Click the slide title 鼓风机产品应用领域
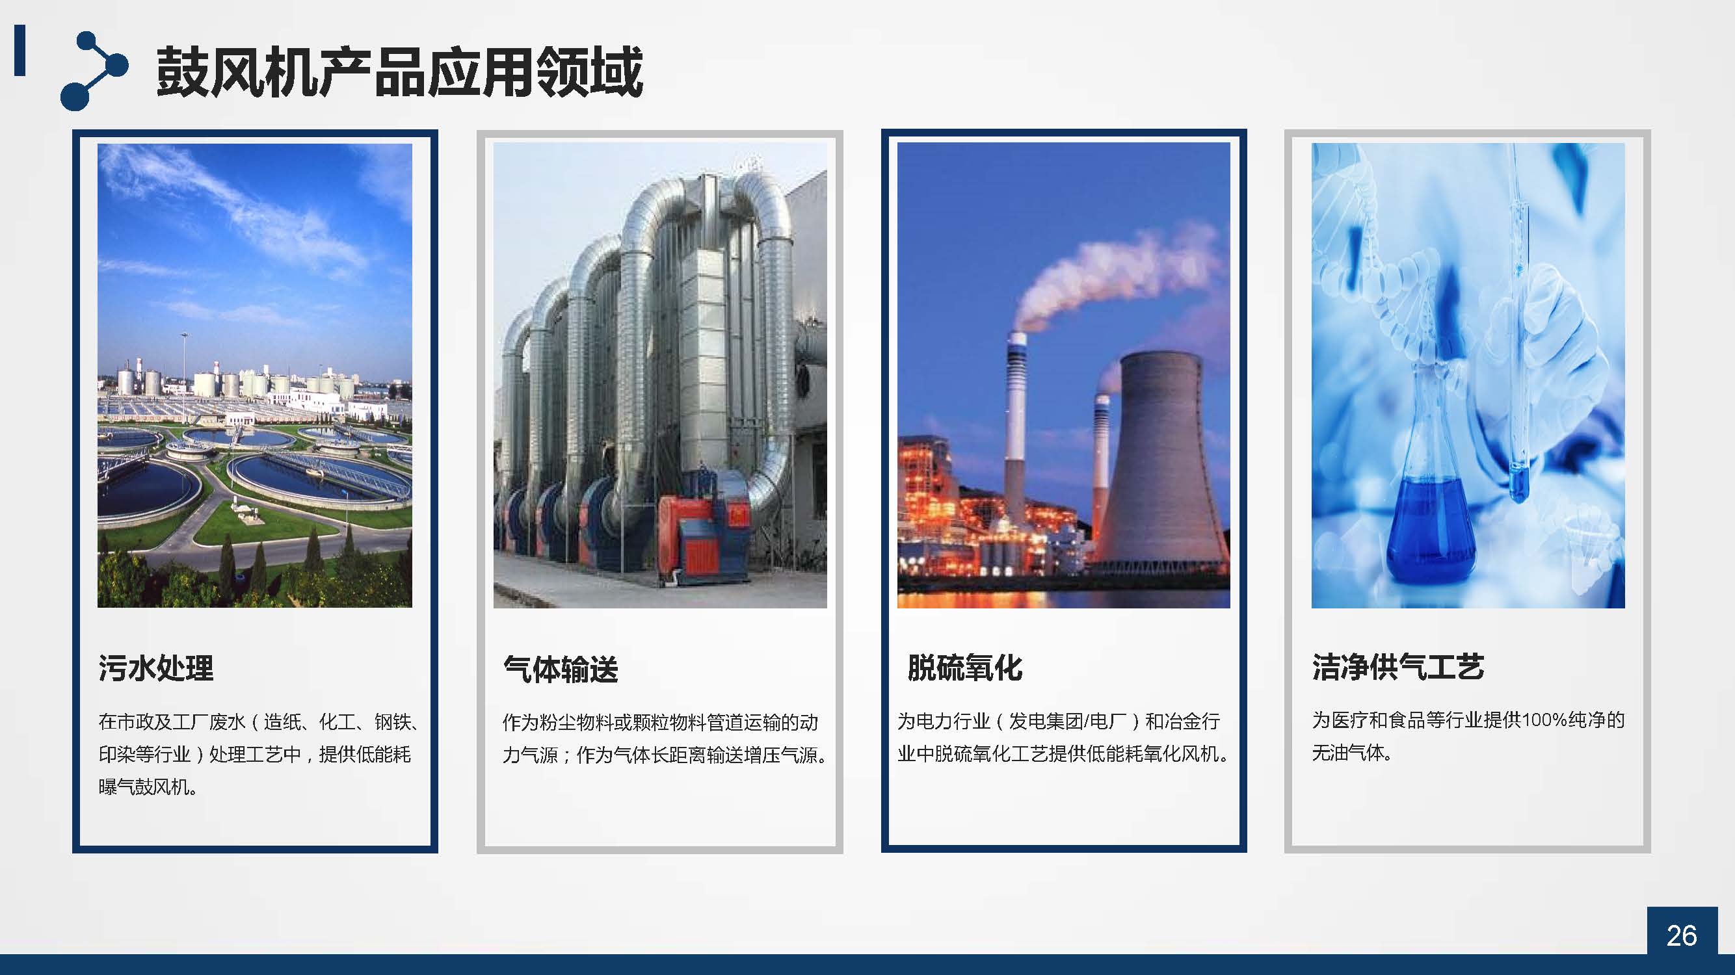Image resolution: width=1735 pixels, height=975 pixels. (399, 72)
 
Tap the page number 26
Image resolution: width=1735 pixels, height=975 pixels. (1681, 935)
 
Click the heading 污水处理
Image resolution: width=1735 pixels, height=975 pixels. (155, 668)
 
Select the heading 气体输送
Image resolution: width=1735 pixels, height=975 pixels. (561, 669)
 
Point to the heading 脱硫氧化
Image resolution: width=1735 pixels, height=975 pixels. (964, 668)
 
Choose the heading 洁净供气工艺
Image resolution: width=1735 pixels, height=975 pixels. (1397, 668)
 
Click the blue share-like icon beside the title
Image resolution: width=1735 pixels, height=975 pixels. (94, 70)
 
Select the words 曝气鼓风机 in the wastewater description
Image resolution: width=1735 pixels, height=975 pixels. (144, 786)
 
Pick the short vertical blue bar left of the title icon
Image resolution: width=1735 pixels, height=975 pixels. (20, 51)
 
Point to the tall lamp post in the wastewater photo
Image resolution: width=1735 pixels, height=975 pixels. (184, 377)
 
